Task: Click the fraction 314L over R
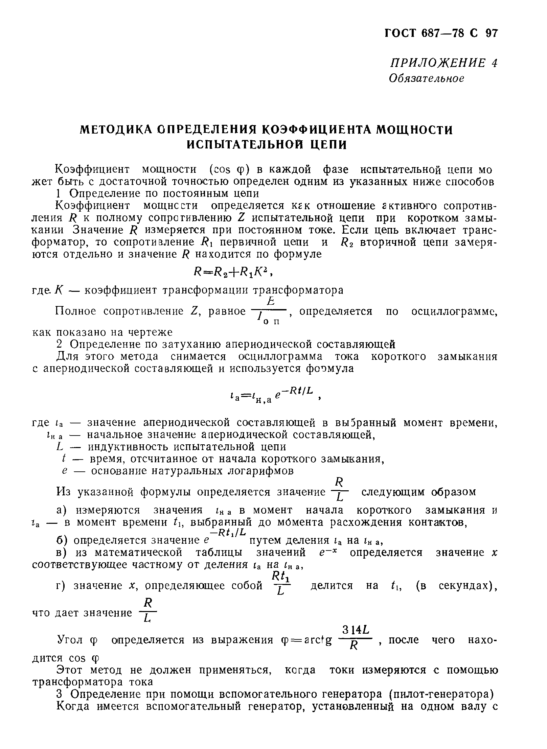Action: click(354, 637)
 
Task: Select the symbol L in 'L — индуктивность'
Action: click(60, 447)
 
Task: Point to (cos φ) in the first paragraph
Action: click(229, 169)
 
